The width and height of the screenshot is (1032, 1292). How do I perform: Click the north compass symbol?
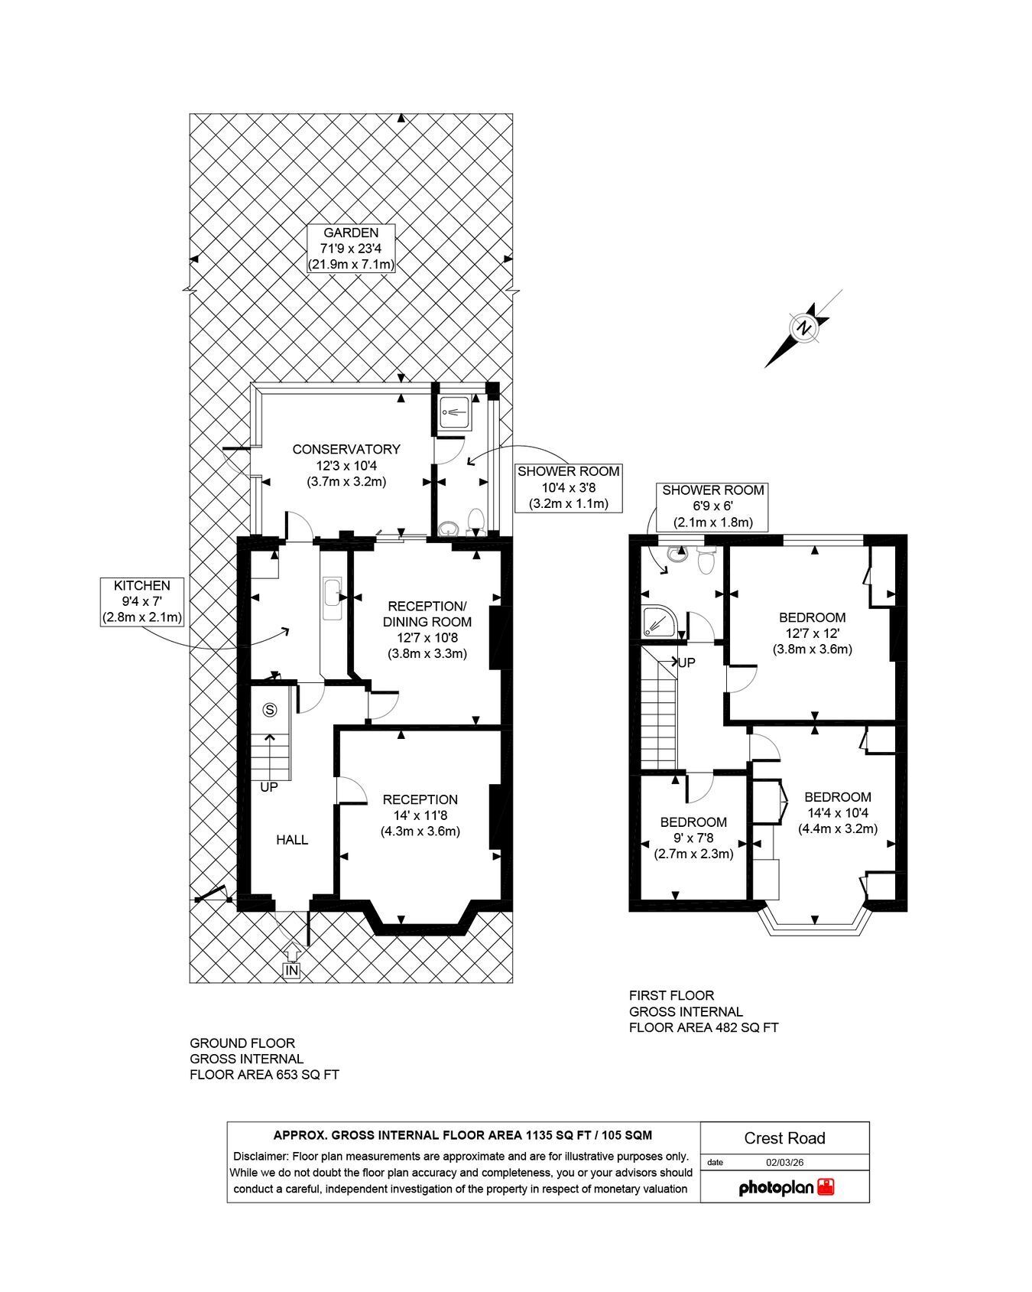click(803, 328)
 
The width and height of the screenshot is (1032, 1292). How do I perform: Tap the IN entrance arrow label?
click(291, 970)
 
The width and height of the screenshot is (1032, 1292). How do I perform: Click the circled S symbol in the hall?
click(269, 710)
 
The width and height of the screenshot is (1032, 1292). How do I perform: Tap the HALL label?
click(292, 840)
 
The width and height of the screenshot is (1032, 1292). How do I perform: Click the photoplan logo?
click(786, 1187)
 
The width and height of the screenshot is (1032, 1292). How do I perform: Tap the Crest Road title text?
click(785, 1138)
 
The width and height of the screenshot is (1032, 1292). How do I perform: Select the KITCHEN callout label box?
click(144, 602)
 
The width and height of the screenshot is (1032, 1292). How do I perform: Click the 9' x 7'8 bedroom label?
click(693, 838)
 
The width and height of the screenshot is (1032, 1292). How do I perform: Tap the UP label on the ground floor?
click(269, 787)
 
